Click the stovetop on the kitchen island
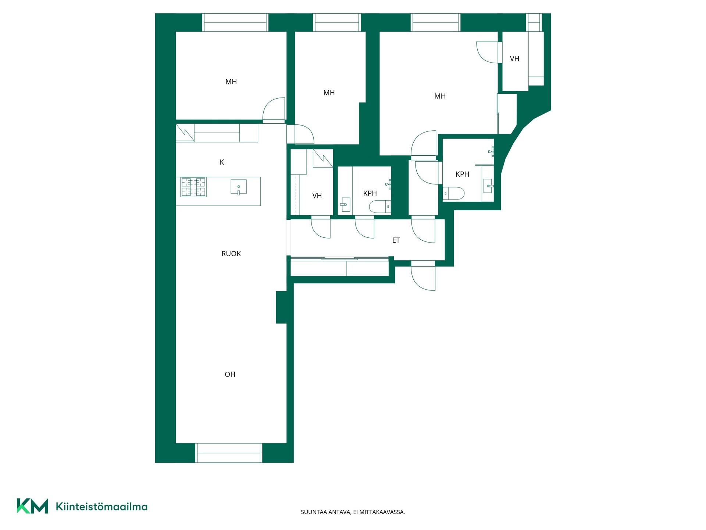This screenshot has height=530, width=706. (x=193, y=187)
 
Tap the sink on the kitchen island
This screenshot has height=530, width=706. (x=239, y=187)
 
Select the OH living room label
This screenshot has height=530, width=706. (x=230, y=374)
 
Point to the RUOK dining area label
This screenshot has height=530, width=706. (x=231, y=254)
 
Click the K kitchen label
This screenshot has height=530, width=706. (x=222, y=162)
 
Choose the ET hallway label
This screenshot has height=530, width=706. (x=396, y=240)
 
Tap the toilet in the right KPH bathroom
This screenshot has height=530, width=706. (x=453, y=193)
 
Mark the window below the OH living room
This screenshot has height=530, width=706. (x=228, y=453)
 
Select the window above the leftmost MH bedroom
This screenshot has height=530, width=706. (x=235, y=22)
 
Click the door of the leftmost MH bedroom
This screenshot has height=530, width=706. (x=274, y=110)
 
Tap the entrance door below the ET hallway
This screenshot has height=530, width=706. (x=423, y=276)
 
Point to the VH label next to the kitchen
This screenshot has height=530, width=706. (x=317, y=196)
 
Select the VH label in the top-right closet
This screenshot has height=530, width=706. (x=514, y=59)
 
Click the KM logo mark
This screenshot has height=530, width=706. (x=32, y=506)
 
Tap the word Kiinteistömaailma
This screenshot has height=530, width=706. (x=101, y=507)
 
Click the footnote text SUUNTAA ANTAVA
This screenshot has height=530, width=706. (x=326, y=512)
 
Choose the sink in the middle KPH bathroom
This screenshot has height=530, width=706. (x=345, y=204)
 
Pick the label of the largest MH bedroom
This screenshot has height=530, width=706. (x=440, y=96)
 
